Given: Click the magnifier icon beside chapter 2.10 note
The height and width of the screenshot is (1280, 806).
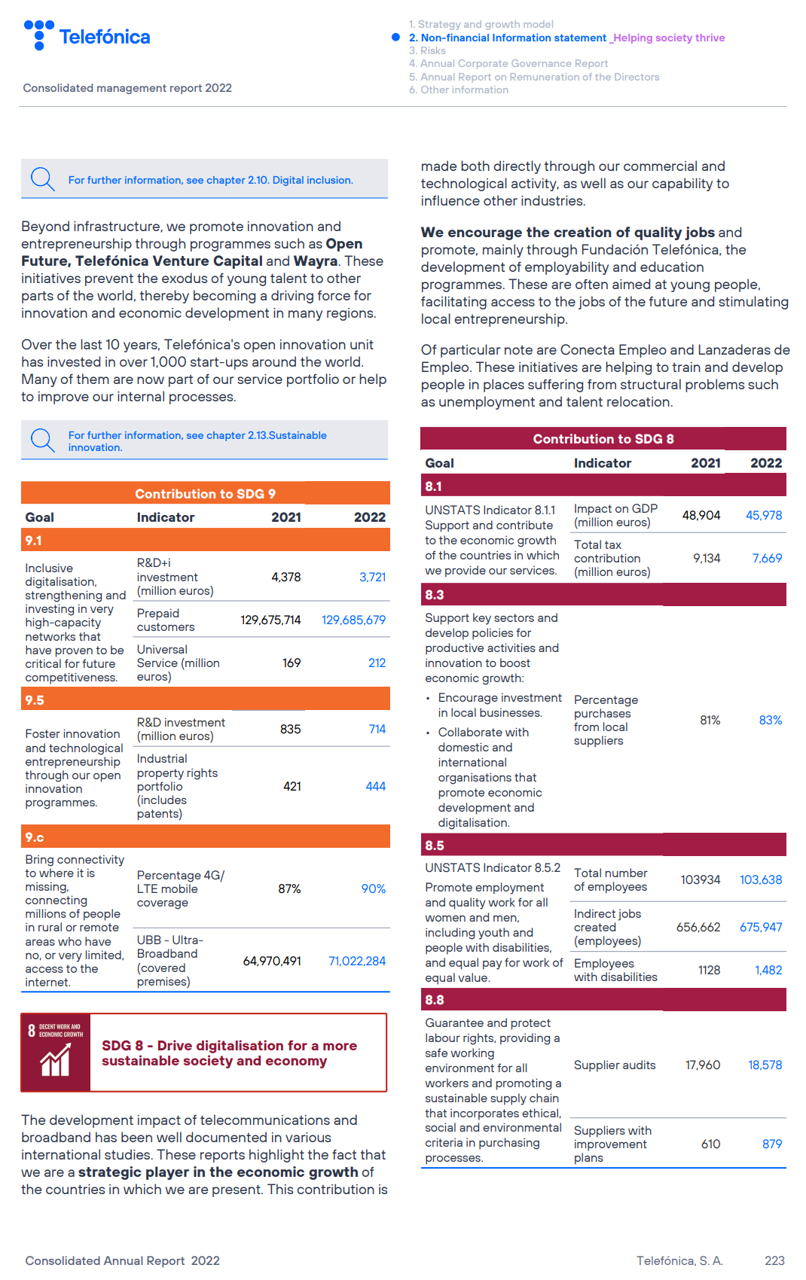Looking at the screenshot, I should (x=42, y=179).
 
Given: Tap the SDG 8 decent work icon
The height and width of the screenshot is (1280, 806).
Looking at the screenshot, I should (x=56, y=1053).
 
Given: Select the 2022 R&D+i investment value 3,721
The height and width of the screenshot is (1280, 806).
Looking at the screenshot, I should (x=372, y=578).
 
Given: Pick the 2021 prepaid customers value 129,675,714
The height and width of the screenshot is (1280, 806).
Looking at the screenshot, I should (x=270, y=620).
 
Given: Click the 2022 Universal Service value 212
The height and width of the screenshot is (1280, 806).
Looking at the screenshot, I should (x=377, y=663).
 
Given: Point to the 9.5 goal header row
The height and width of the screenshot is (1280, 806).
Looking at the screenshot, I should (x=205, y=700).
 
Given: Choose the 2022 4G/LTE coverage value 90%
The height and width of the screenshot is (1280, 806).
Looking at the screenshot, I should (x=373, y=889).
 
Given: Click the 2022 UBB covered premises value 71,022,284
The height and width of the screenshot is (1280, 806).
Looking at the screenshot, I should (x=357, y=962).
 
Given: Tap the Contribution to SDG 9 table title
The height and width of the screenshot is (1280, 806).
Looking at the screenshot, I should (x=205, y=494).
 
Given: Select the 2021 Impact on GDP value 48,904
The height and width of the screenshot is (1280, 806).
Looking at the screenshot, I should (x=701, y=516).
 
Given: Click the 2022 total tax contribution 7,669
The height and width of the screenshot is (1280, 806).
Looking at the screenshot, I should (x=767, y=559).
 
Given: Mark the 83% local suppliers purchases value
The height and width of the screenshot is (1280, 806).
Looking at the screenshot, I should (x=770, y=721).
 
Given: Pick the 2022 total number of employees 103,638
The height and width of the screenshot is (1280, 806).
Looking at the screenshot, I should (x=760, y=880).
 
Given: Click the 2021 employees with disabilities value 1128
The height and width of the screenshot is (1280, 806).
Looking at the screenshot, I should (x=709, y=971).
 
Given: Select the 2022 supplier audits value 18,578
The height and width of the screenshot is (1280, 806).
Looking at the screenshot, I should (x=765, y=1065).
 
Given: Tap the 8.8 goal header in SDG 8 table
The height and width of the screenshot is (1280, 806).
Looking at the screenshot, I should (x=603, y=1000).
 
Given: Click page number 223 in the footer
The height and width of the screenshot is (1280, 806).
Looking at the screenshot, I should (x=774, y=1260).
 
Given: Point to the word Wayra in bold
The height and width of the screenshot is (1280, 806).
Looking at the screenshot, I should (x=315, y=261).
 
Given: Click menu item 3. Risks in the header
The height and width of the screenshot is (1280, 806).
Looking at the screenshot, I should (x=427, y=50).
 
